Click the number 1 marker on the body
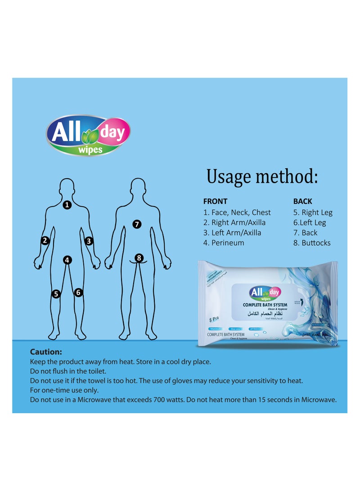tap(67, 205)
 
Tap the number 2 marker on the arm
tap(45, 241)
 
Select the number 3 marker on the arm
tap(89, 241)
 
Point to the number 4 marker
tap(67, 260)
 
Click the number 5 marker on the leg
tap(56, 294)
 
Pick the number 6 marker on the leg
tap(78, 293)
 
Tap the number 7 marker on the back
tap(137, 224)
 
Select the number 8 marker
tap(139, 258)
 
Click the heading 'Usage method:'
tap(262, 176)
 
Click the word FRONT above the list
tap(215, 202)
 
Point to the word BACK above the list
tap(302, 202)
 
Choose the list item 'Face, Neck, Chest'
tap(237, 212)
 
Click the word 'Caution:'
tap(46, 352)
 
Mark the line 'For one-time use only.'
tap(64, 390)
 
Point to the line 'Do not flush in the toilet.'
tap(68, 371)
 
